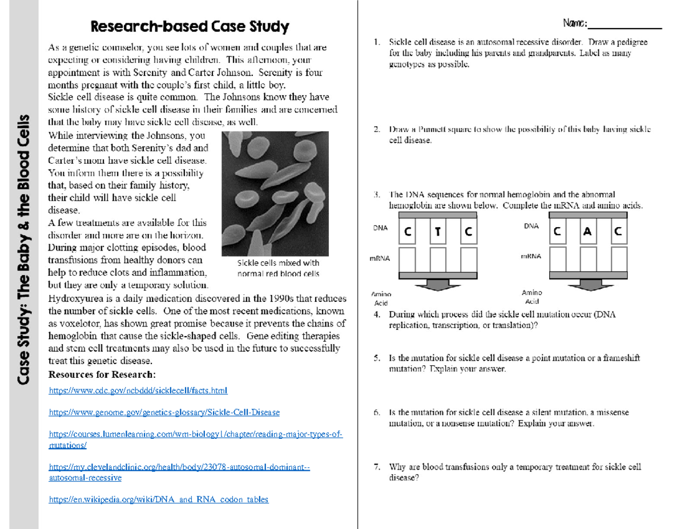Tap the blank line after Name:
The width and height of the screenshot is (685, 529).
pos(624,26)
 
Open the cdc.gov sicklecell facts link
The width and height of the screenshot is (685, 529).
pos(138,391)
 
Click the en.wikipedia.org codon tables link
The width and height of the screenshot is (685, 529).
pos(159,499)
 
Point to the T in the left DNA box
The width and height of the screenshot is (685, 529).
pos(437,233)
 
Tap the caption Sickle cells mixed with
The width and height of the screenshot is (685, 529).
pos(278,264)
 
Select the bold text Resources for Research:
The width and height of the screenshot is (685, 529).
pos(102,374)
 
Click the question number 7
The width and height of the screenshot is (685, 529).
pos(377,467)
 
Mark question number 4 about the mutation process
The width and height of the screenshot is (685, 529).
pos(377,315)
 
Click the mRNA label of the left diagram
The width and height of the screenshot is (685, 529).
pos(381,259)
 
